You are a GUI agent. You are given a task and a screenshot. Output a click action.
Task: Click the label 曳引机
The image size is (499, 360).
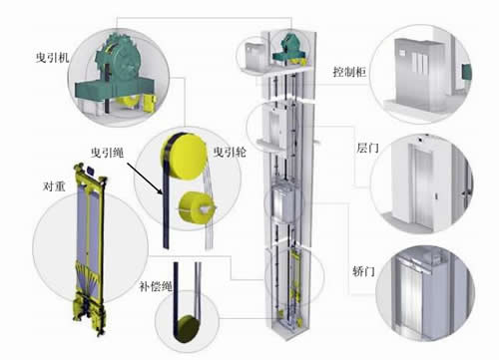tap(52, 58)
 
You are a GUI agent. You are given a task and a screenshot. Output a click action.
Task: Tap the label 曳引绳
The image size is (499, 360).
tap(108, 153)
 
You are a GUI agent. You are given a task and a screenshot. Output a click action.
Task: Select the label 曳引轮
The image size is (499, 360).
tap(230, 152)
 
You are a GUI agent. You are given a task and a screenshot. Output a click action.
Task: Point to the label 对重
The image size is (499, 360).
tap(54, 186)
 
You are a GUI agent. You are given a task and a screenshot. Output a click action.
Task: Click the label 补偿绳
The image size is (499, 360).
tap(156, 286)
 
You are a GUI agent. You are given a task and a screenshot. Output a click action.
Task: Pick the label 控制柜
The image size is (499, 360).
tap(349, 72)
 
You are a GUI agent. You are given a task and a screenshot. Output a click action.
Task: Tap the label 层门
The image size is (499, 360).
tap(368, 148)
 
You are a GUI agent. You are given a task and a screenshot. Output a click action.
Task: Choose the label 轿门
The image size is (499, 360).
tap(363, 271)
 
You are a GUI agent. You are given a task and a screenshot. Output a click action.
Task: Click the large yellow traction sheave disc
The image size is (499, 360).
tap(185, 157)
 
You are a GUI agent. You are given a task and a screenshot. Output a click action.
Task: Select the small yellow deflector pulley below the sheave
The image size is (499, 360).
tap(194, 207)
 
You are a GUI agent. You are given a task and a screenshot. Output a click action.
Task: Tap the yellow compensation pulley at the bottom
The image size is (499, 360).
tap(189, 328)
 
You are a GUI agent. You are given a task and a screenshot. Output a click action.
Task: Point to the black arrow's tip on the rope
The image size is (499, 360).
tap(162, 193)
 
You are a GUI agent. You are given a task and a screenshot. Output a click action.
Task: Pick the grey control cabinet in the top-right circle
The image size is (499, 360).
tap(420, 74)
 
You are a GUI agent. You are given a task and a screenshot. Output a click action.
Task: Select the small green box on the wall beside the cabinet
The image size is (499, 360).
tap(466, 72)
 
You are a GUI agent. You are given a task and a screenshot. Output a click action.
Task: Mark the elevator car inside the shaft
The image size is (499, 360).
tap(283, 202)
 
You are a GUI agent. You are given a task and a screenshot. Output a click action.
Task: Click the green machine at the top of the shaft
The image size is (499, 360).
tap(289, 49)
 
